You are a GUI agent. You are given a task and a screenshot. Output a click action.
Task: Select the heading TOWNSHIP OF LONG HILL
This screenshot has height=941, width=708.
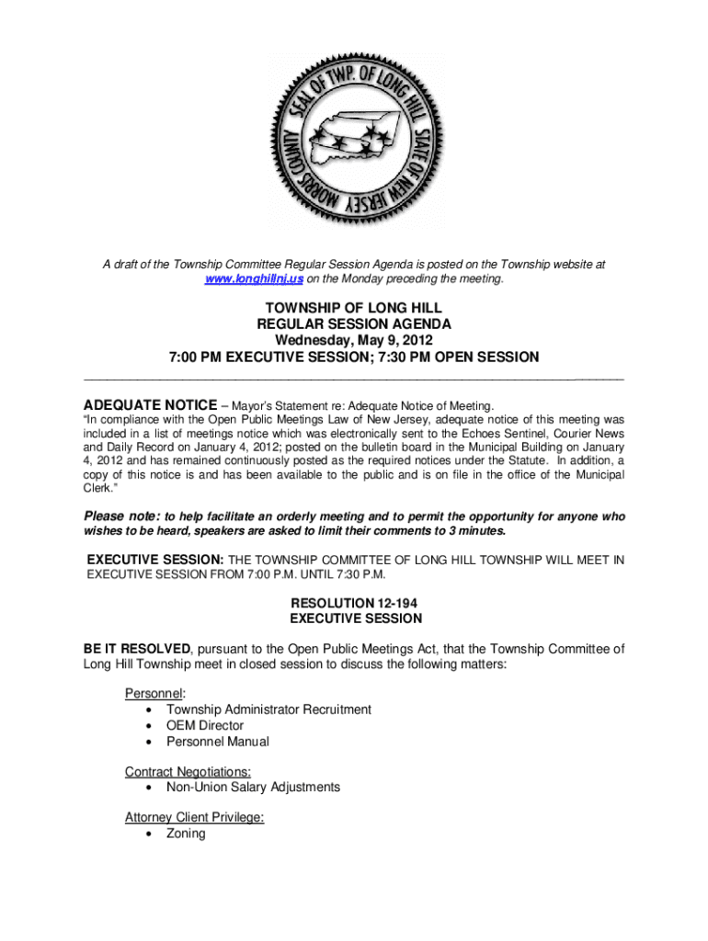pyautogui.click(x=353, y=307)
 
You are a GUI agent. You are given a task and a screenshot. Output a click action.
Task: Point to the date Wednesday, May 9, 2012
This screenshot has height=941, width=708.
pyautogui.click(x=353, y=340)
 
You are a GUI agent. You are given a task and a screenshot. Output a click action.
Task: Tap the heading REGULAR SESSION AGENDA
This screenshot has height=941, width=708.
pyautogui.click(x=353, y=323)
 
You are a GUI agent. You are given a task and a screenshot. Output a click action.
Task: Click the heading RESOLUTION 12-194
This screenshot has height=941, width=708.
pyautogui.click(x=354, y=603)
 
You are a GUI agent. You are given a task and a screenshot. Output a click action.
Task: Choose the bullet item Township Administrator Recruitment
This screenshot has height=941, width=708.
pyautogui.click(x=268, y=709)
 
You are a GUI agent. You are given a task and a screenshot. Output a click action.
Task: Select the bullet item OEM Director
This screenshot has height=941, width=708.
pyautogui.click(x=204, y=725)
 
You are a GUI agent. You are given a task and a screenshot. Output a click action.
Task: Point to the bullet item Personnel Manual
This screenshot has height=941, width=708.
pyautogui.click(x=217, y=742)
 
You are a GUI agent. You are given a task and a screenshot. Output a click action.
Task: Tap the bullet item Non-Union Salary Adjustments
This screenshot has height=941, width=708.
pyautogui.click(x=253, y=788)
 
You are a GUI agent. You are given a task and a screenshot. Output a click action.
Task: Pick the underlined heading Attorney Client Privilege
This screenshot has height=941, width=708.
pyautogui.click(x=194, y=817)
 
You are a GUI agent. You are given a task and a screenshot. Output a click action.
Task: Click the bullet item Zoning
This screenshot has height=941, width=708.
pyautogui.click(x=186, y=833)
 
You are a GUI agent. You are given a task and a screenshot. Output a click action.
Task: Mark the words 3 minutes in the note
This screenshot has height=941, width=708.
pyautogui.click(x=473, y=532)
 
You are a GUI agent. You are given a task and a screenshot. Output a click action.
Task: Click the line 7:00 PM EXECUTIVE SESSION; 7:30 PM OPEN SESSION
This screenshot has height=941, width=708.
pyautogui.click(x=353, y=357)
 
